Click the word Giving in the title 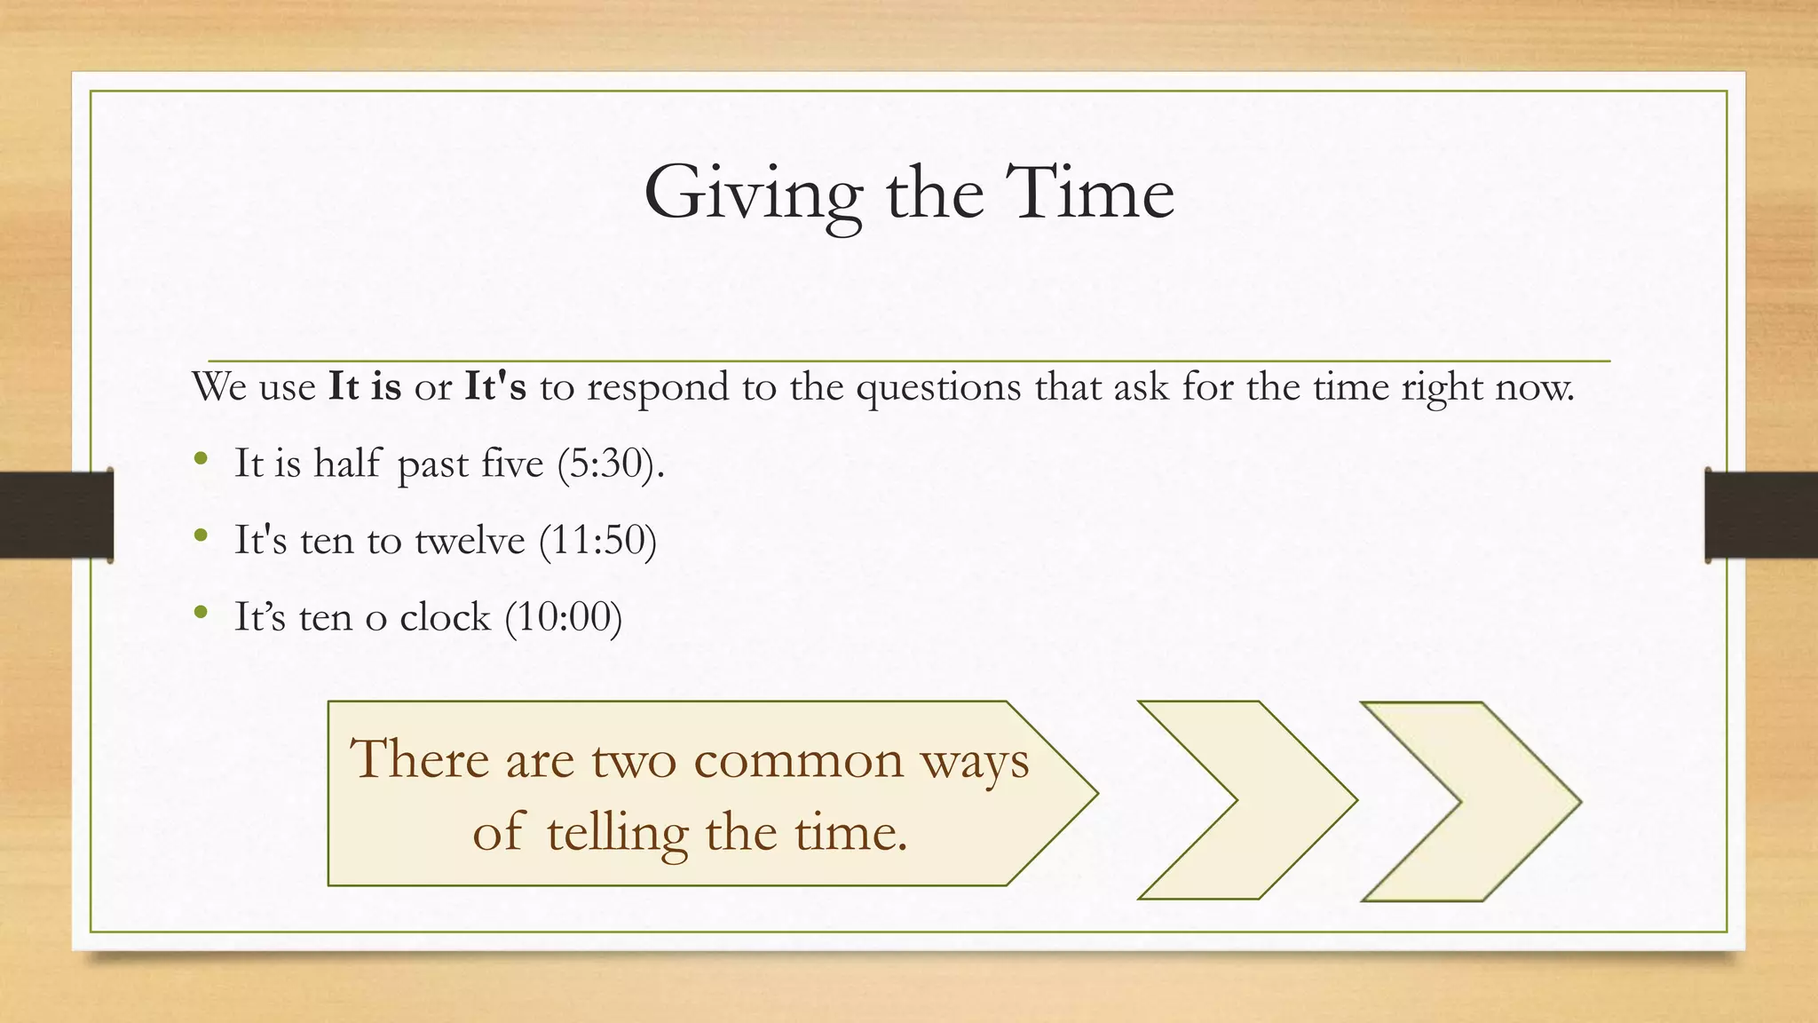[x=753, y=194]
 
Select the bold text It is [x=365, y=387]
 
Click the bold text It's [x=495, y=387]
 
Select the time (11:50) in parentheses [x=597, y=540]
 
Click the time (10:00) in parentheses [x=563, y=616]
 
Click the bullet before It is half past [x=202, y=459]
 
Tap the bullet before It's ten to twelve [x=202, y=535]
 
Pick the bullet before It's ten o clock [x=202, y=612]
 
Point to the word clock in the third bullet [x=445, y=616]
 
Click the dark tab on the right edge [x=1761, y=515]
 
